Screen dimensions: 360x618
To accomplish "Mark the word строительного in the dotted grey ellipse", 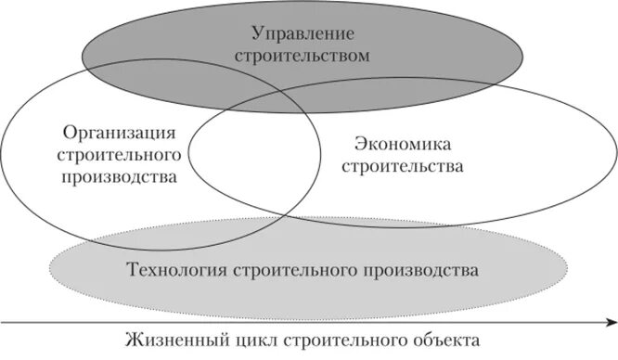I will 286,271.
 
